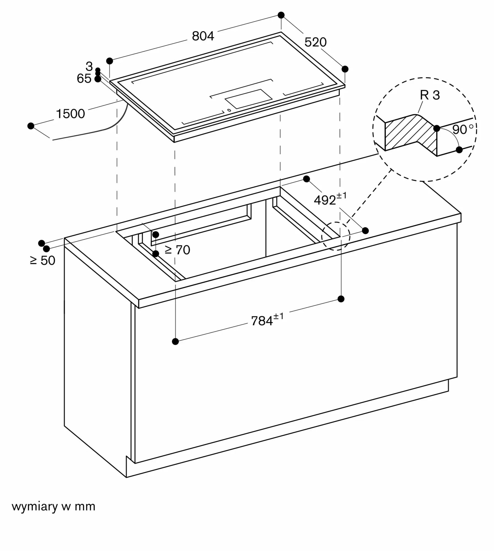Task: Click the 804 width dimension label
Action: (x=203, y=36)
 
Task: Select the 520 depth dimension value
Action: (x=315, y=42)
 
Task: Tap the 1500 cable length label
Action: (x=70, y=114)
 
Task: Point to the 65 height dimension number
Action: (x=84, y=79)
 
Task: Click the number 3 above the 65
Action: (x=89, y=66)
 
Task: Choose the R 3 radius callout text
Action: (x=430, y=95)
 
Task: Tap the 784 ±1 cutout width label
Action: (x=267, y=320)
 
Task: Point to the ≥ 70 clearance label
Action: (x=177, y=250)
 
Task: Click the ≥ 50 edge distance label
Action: (x=42, y=260)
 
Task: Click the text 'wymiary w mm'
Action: (x=53, y=506)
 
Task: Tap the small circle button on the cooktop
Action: (x=229, y=110)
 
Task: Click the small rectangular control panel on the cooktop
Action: (x=249, y=99)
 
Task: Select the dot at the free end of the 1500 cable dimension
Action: (x=31, y=126)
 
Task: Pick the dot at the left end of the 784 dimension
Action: (x=175, y=342)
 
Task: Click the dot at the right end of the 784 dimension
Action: (x=341, y=299)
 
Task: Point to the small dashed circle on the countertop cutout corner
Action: (x=336, y=236)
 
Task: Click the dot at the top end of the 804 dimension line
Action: (x=281, y=15)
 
